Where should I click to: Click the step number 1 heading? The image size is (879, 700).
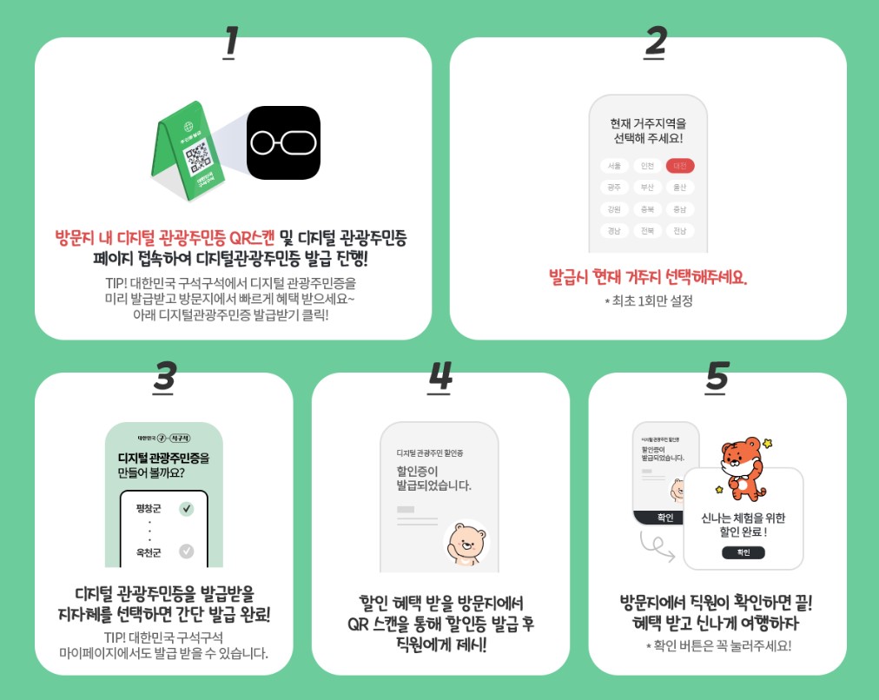230,43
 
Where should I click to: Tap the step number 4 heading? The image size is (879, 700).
440,377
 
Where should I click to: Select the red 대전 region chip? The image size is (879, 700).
680,166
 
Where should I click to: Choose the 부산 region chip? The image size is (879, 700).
647,187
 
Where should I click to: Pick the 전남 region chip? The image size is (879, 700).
680,231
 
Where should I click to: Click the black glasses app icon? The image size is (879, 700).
283,142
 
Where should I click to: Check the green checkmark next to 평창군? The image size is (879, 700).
186,509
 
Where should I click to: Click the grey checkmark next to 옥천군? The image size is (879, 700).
186,551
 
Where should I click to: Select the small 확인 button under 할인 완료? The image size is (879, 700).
743,552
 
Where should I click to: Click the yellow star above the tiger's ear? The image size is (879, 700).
767,443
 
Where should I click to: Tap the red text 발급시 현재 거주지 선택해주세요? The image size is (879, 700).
648,278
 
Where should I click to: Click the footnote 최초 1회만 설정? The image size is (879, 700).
648,301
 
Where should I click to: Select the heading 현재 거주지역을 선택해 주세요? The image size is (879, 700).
648,130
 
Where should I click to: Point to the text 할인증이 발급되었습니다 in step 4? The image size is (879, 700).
433,478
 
